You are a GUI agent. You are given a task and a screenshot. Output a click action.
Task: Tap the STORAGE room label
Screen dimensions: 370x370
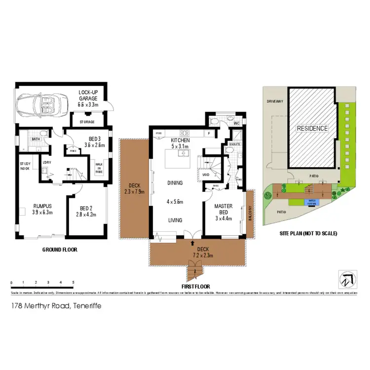(x=85, y=121)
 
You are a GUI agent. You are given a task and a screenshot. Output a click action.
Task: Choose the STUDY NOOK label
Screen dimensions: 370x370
(x=25, y=166)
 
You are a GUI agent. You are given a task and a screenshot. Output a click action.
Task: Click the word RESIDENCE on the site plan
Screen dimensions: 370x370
(x=312, y=128)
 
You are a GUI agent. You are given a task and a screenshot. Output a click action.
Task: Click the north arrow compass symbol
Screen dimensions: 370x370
(x=346, y=278)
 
